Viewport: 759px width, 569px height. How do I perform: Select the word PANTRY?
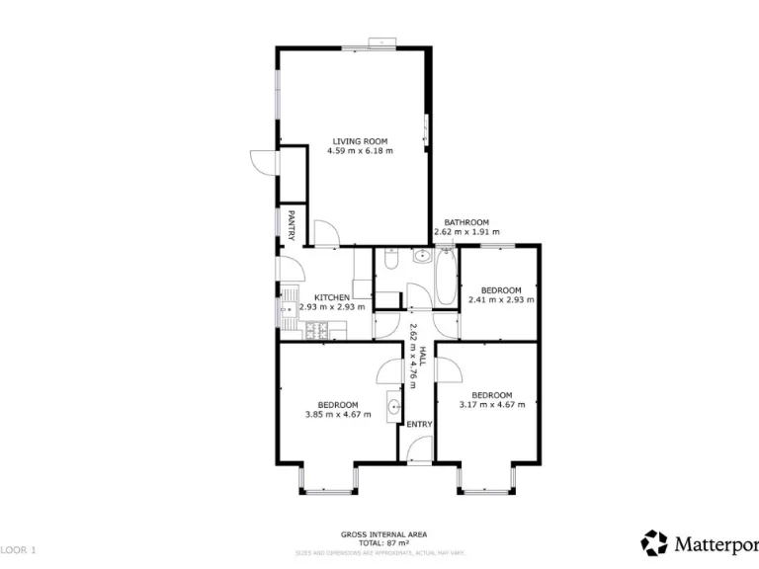pos(292,224)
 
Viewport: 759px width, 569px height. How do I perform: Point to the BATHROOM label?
pos(465,222)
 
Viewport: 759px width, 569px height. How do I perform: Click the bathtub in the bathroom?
pos(445,280)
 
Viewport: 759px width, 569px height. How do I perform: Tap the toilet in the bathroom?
pos(390,263)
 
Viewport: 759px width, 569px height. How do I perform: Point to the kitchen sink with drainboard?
pos(288,306)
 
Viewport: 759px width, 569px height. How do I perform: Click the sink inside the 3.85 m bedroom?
pos(394,406)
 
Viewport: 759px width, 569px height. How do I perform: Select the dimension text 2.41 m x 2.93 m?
pos(500,300)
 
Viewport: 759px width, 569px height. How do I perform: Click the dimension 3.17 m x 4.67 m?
pos(492,404)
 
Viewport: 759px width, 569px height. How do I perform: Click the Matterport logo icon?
pos(653,543)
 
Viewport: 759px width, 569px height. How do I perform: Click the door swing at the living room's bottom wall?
pos(326,235)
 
